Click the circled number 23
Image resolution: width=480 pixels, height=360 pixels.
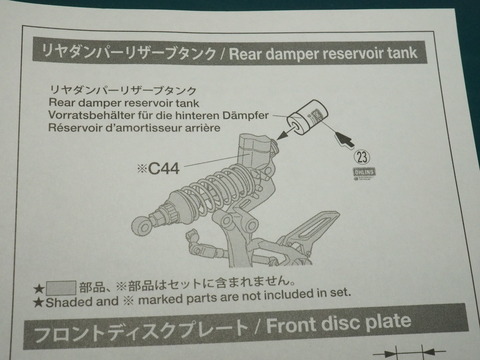362,157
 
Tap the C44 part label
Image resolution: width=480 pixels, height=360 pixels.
159,168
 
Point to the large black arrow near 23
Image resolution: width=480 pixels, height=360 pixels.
344,139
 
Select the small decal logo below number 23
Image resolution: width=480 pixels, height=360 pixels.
365,174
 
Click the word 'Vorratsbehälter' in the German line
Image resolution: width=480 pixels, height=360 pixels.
92,115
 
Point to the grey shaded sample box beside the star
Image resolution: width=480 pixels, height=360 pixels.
61,288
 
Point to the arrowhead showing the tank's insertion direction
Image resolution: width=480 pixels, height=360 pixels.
282,135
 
